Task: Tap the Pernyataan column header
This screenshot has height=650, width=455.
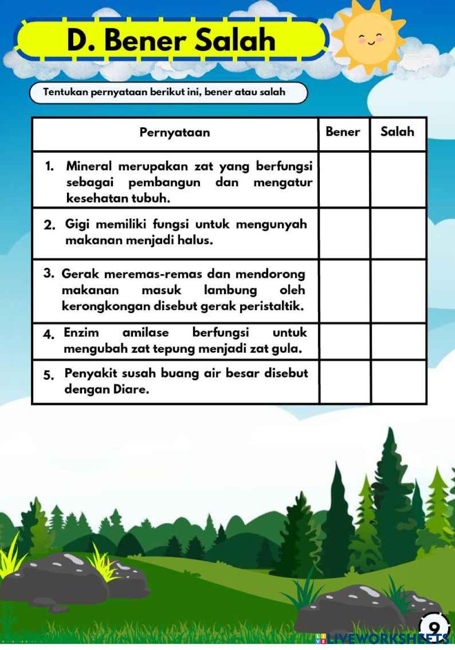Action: click(x=174, y=133)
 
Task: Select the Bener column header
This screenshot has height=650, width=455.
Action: click(x=343, y=132)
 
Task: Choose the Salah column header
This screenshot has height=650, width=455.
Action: click(x=397, y=132)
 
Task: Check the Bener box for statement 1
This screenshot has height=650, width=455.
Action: click(x=344, y=180)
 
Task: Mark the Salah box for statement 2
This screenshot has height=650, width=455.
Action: click(x=399, y=234)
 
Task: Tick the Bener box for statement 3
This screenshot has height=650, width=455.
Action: click(x=344, y=291)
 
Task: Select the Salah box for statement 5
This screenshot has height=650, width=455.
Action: click(x=399, y=382)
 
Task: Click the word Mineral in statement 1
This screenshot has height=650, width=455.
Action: click(x=88, y=166)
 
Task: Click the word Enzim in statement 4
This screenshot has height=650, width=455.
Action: click(x=81, y=333)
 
